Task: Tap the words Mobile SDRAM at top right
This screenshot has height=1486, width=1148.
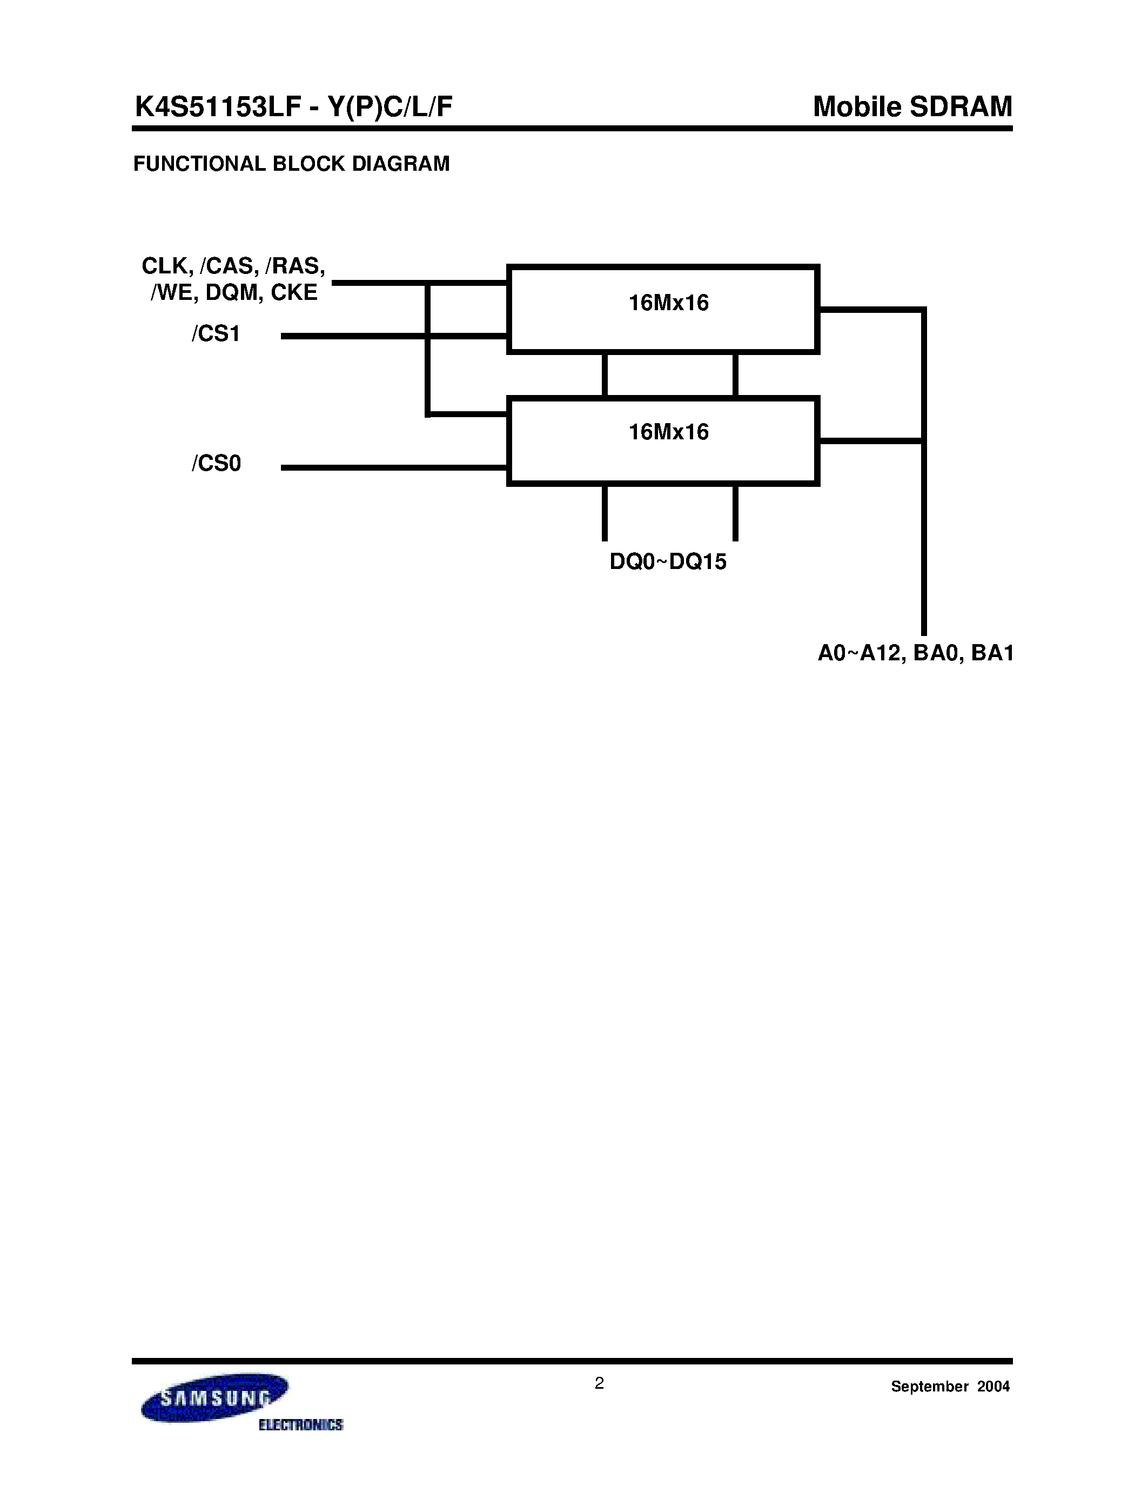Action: tap(912, 107)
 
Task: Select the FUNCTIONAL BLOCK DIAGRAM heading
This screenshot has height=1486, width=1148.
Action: tap(291, 164)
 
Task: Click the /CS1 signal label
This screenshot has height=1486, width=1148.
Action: tap(216, 334)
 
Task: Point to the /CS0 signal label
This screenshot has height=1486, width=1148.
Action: tap(216, 463)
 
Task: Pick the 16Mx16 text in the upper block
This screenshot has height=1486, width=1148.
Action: tap(668, 303)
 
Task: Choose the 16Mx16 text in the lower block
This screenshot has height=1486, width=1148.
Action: tap(668, 432)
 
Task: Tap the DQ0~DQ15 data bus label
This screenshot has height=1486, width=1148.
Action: tap(667, 561)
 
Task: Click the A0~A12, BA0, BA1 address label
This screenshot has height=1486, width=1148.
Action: tap(915, 653)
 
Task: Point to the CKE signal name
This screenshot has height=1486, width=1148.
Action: tap(294, 292)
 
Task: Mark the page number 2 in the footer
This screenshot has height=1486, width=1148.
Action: tap(599, 1383)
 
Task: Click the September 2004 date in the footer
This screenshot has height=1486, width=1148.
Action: tap(950, 1387)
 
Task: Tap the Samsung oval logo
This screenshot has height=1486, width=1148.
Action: tap(214, 1397)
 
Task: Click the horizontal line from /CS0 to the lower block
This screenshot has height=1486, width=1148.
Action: tap(394, 467)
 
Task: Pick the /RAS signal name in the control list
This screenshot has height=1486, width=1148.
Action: tap(295, 265)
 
